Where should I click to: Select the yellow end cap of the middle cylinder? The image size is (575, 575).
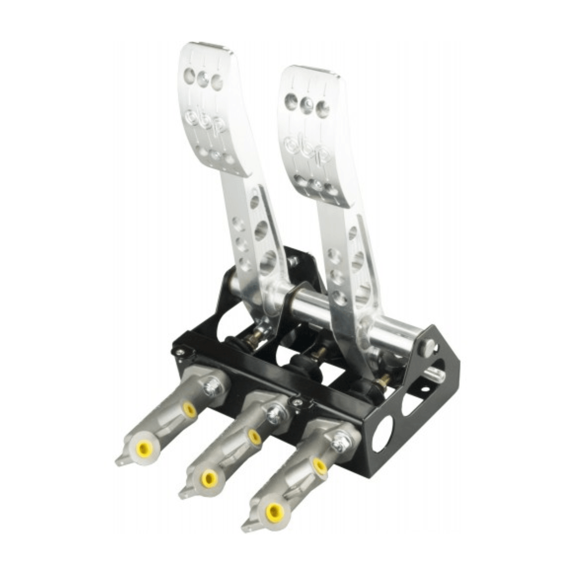coord(210,478)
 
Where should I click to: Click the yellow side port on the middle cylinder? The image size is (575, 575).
coord(254,437)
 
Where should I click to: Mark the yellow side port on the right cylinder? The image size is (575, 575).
coord(319,465)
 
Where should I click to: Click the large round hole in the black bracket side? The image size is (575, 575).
coord(383,434)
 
